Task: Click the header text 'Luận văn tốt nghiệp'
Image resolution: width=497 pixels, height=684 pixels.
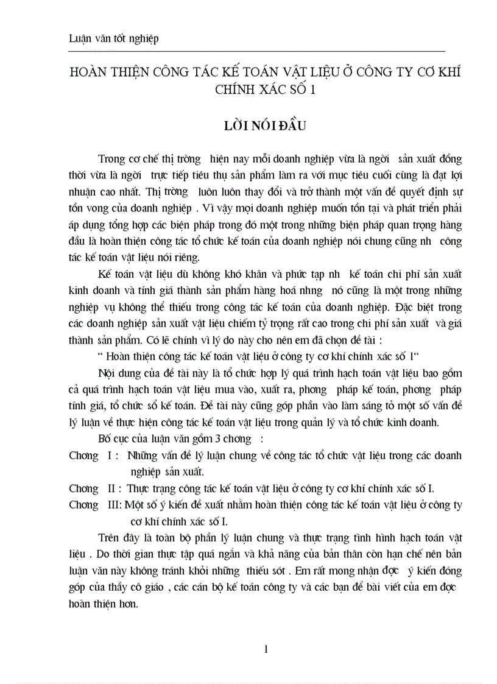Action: tap(114, 39)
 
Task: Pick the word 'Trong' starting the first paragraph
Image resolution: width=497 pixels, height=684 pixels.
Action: tap(111, 159)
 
